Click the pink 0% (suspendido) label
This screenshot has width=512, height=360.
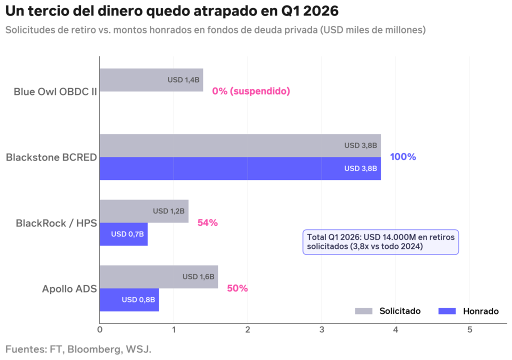click(x=251, y=91)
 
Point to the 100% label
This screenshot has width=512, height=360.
click(x=403, y=157)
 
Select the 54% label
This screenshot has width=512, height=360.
click(x=207, y=223)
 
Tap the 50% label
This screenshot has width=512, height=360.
click(x=237, y=288)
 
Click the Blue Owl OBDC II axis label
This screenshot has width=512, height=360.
click(x=55, y=91)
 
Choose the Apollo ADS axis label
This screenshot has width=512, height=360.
click(x=69, y=288)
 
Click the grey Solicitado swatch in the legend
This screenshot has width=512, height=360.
click(x=363, y=311)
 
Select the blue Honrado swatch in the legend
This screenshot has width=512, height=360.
click(x=447, y=311)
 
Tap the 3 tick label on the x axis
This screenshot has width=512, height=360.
click(x=321, y=329)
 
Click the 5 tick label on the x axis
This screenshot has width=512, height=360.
click(x=469, y=329)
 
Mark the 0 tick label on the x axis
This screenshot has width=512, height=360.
click(x=99, y=329)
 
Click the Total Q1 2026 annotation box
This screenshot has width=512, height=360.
click(x=380, y=241)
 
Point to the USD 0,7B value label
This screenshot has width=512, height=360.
click(x=127, y=234)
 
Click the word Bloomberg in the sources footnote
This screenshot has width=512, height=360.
click(x=93, y=348)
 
